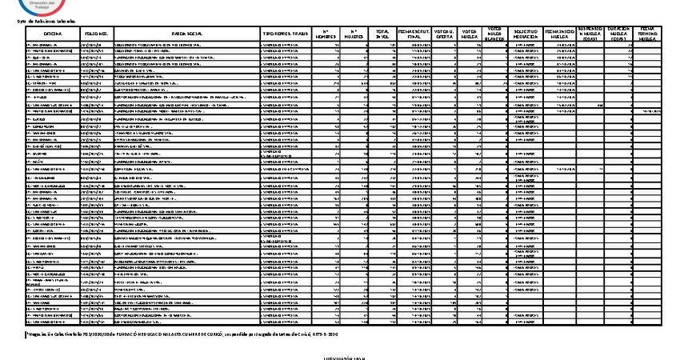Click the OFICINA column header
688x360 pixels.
click(x=53, y=34)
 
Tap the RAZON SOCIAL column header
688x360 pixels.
click(x=186, y=34)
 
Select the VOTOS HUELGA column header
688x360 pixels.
click(x=472, y=34)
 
